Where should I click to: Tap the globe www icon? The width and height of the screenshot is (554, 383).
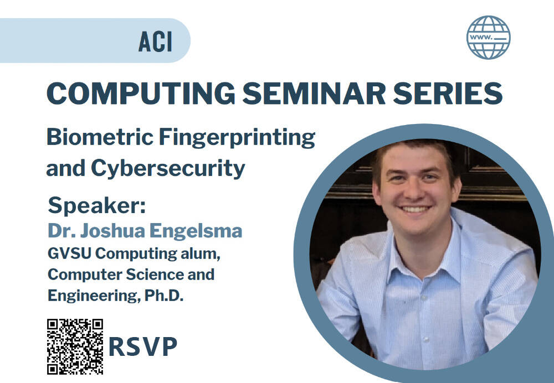pos(488,37)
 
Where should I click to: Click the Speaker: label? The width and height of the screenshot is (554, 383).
pos(96,205)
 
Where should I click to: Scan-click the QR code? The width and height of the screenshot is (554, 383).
pos(75,346)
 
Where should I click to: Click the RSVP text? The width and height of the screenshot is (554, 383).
pos(142,346)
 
